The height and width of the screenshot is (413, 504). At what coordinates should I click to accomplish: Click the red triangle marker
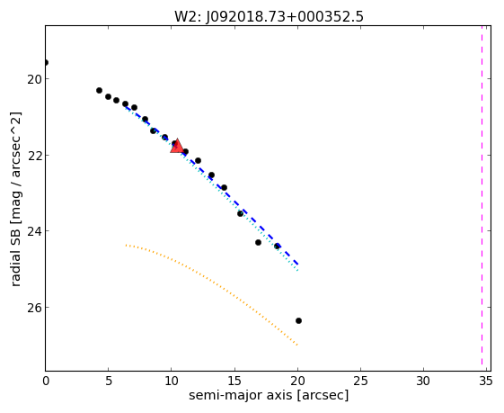[177, 146]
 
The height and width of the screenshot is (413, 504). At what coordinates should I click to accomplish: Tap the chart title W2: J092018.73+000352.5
[269, 17]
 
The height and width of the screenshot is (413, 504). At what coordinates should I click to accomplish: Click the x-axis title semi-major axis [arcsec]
[269, 395]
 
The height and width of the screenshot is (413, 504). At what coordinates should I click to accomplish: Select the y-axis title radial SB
[16, 255]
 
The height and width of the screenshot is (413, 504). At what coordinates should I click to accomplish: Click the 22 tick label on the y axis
[34, 155]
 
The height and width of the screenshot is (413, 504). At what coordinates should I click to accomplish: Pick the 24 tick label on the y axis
[34, 231]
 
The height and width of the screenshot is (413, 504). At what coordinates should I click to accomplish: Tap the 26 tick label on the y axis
[34, 308]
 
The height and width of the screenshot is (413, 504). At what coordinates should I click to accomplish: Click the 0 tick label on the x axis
[46, 382]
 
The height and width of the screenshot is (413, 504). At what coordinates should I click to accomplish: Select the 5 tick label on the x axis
[109, 382]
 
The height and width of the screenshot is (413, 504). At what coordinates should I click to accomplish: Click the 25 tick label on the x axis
[360, 382]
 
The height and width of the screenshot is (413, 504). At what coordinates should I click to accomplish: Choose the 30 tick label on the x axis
[423, 382]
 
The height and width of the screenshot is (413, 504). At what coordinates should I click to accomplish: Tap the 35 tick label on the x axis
[486, 382]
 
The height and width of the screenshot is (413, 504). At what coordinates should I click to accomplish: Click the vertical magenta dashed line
[482, 195]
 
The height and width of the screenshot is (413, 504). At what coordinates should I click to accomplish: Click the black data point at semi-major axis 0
[46, 62]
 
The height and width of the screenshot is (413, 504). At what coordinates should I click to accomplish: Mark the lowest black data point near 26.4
[298, 320]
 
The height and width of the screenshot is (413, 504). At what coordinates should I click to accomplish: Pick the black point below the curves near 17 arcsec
[258, 242]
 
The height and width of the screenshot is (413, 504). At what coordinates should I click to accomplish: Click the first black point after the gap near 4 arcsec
[100, 91]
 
